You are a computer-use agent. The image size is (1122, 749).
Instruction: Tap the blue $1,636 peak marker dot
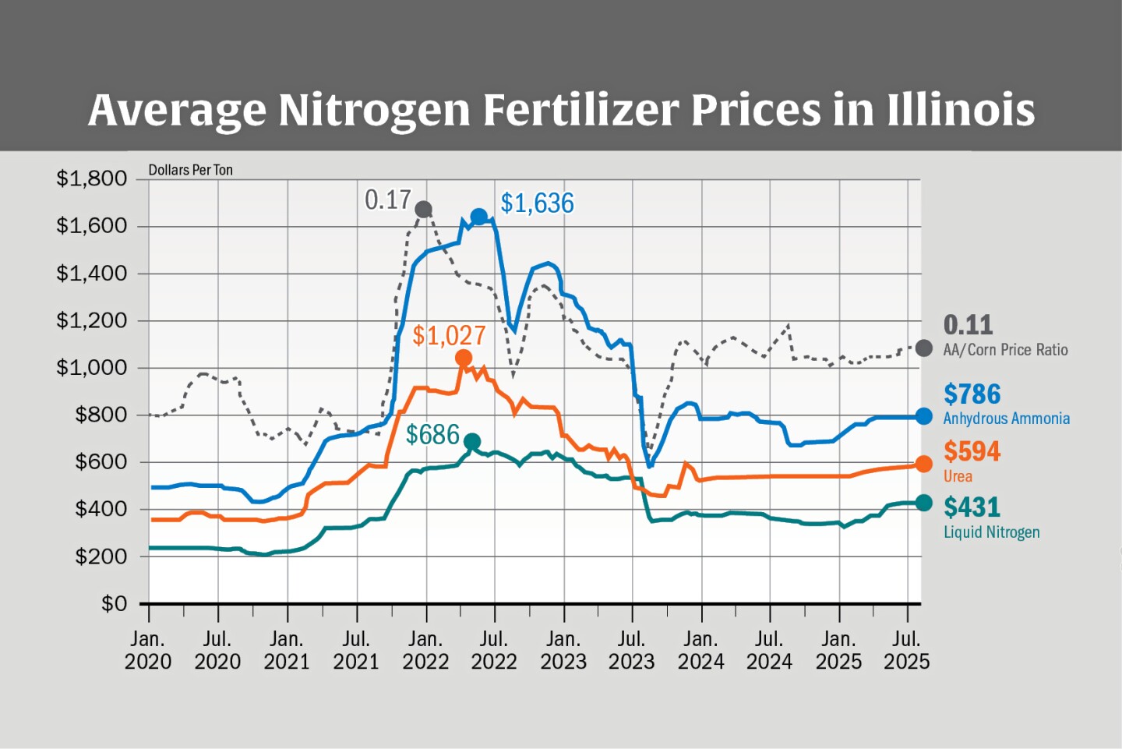pos(479,217)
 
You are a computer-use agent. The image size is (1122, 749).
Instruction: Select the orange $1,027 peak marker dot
pos(464,358)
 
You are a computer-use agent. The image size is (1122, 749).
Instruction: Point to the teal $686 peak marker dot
pos(472,442)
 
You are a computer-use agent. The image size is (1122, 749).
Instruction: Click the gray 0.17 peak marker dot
pos(424,209)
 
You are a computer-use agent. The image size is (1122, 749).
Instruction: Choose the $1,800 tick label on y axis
pos(91,178)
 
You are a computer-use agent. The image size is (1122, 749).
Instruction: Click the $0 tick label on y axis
pos(114,603)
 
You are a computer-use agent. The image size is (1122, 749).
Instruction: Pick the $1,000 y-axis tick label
pos(91,367)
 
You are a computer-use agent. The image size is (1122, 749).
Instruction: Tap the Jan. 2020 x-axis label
pos(148,650)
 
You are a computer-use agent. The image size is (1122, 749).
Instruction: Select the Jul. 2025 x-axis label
pos(906,650)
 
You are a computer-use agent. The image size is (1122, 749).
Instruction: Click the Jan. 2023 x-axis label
pos(563,650)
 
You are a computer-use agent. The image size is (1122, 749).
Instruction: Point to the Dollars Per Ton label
pos(190,170)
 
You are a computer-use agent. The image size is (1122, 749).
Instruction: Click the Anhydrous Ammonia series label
pos(1006,419)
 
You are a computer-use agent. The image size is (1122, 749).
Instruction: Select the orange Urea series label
pos(958,476)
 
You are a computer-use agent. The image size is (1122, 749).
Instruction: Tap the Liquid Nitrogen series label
pos(991,532)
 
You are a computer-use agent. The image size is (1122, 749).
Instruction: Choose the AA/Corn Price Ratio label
pos(1005,350)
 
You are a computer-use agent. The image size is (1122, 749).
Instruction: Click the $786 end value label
pos(972,394)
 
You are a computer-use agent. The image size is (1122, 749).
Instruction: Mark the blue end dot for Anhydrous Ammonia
pos(923,417)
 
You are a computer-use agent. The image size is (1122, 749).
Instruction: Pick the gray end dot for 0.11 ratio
pos(923,348)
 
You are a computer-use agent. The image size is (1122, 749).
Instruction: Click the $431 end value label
pos(972,507)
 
